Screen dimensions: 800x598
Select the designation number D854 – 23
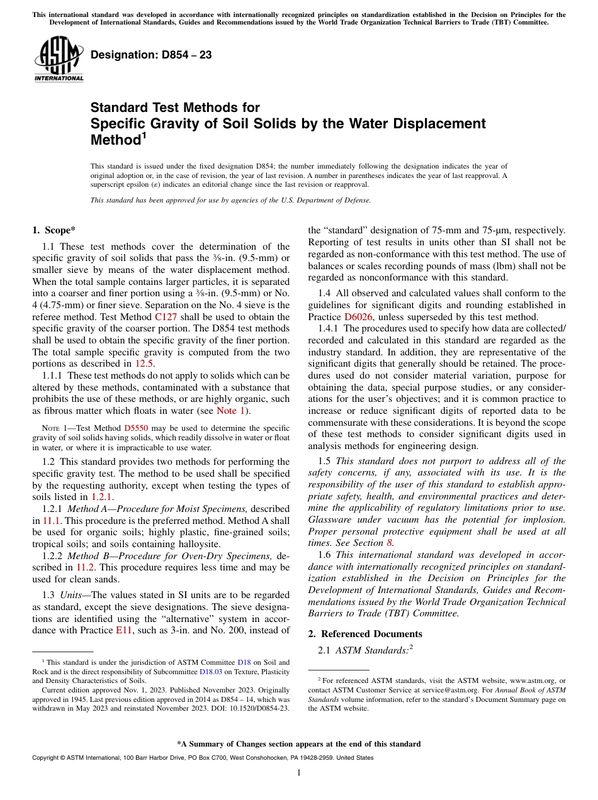click(151, 55)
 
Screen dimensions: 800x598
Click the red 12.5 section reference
click(144, 363)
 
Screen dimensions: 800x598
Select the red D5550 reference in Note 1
click(136, 428)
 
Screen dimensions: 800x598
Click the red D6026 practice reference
click(358, 317)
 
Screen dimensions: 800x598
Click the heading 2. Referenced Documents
click(365, 634)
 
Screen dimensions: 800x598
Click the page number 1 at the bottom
click(298, 773)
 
